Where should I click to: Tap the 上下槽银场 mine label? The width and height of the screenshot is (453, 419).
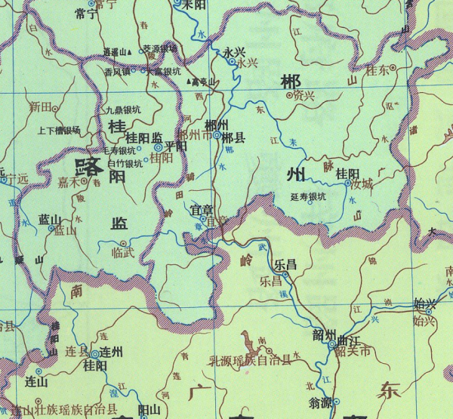tap(58, 130)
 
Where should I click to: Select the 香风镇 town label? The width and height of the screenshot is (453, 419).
tap(117, 71)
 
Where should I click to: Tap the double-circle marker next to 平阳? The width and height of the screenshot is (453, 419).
tap(159, 148)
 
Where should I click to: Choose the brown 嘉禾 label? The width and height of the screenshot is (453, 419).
tap(68, 181)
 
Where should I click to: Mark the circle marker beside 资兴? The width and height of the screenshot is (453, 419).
tap(290, 96)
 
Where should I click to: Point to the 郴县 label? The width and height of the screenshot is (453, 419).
tap(234, 138)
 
